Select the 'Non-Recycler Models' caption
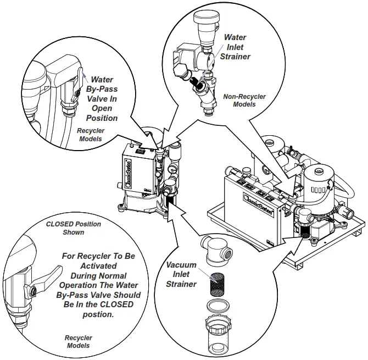pyautogui.click(x=244, y=100)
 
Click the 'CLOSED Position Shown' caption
pyautogui.click(x=73, y=228)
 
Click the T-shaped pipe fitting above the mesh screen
pyautogui.click(x=216, y=251)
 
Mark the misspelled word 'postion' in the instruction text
pyautogui.click(x=99, y=314)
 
